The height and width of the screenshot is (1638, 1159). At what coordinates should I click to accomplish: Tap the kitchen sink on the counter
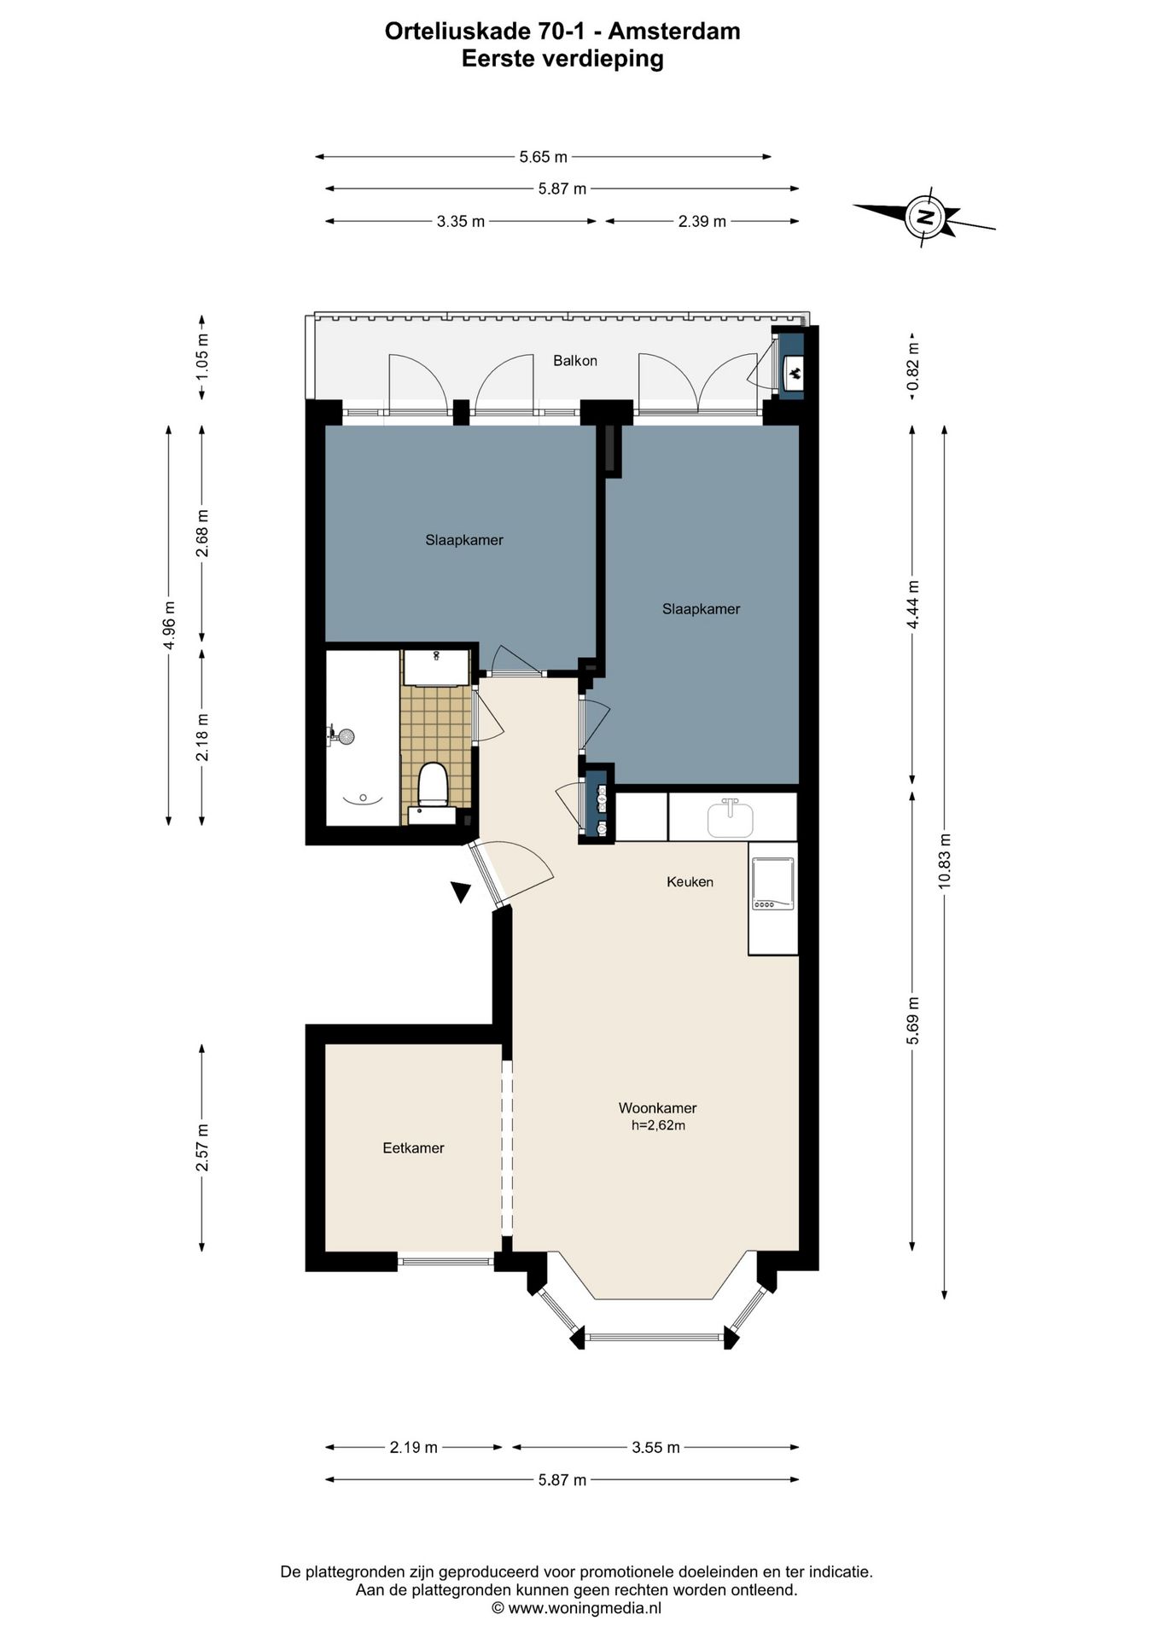[x=731, y=818]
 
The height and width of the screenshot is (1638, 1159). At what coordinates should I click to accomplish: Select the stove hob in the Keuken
[x=772, y=884]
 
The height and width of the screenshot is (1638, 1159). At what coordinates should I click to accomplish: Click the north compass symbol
[x=924, y=217]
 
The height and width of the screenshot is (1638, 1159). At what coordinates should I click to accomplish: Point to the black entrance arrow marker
[x=461, y=892]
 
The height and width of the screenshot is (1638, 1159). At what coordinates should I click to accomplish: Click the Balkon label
[x=575, y=361]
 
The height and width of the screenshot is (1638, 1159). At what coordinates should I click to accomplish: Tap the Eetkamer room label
[x=413, y=1148]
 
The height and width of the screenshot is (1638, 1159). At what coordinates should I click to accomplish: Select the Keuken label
[x=690, y=882]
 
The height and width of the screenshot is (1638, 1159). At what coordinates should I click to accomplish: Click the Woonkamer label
[x=657, y=1108]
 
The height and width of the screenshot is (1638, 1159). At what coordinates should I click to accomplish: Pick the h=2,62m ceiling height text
[x=658, y=1125]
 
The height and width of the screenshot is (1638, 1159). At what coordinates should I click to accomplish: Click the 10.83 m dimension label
[x=944, y=861]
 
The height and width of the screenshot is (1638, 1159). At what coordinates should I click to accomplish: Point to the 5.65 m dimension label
[x=544, y=157]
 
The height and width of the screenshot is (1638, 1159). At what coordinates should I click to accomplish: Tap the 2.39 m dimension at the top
[x=702, y=222]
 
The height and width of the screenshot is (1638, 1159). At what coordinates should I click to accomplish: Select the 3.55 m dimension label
[x=655, y=1448]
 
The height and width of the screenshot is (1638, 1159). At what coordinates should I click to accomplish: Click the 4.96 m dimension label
[x=169, y=625]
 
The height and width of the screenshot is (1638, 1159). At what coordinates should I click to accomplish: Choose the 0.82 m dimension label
[x=913, y=367]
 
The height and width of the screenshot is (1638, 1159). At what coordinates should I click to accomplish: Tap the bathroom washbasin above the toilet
[x=436, y=667]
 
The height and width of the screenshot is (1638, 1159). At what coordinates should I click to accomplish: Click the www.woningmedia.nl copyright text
[x=576, y=1608]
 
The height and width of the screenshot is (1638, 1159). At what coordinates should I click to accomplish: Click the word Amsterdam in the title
[x=673, y=32]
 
